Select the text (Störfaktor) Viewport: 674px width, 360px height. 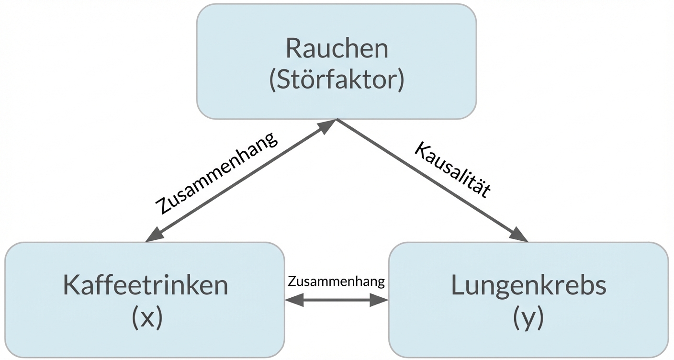pyautogui.click(x=337, y=80)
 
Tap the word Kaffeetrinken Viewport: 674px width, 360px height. pyautogui.click(x=145, y=286)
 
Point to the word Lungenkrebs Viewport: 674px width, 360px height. pyautogui.click(x=528, y=286)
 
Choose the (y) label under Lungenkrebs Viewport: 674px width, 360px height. pyautogui.click(x=528, y=317)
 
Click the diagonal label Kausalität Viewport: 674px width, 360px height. pyautogui.click(x=453, y=169)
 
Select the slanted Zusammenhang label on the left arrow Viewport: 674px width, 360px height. pyautogui.click(x=216, y=173)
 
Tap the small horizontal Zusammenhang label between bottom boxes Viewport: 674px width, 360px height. pyautogui.click(x=336, y=281)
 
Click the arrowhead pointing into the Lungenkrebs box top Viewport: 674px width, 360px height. pyautogui.click(x=519, y=235)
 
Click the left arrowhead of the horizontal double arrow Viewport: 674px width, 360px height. pyautogui.click(x=293, y=301)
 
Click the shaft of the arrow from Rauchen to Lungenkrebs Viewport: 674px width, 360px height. pyautogui.click(x=426, y=177)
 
